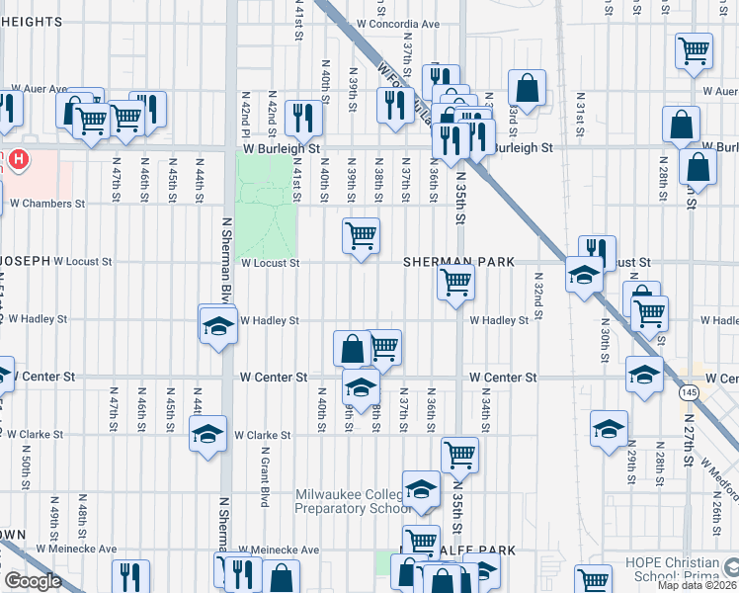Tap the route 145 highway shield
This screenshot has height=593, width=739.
pyautogui.click(x=689, y=392)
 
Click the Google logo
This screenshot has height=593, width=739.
pyautogui.click(x=33, y=581)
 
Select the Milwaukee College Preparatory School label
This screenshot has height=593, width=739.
pyautogui.click(x=352, y=501)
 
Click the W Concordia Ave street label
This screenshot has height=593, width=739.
pyautogui.click(x=397, y=22)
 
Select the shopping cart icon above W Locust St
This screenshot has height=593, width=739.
pyautogui.click(x=362, y=235)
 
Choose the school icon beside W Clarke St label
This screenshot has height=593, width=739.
pyautogui.click(x=207, y=434)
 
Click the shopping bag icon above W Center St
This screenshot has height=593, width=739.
pyautogui.click(x=353, y=348)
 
